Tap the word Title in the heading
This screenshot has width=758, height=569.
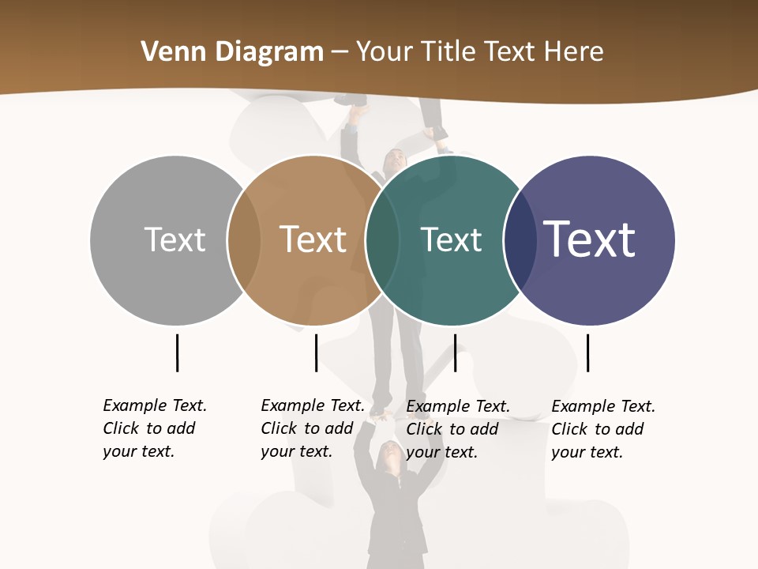click(448, 52)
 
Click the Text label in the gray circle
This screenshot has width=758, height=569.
click(174, 239)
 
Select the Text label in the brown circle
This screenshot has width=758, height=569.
click(313, 239)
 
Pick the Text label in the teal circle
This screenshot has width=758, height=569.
click(451, 239)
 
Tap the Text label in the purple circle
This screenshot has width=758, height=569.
click(590, 239)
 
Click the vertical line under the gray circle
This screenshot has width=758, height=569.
click(177, 352)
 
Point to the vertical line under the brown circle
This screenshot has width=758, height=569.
click(316, 352)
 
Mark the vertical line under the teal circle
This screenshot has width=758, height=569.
click(455, 352)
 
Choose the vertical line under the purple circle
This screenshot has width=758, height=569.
click(587, 352)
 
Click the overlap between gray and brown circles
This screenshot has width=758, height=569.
click(244, 240)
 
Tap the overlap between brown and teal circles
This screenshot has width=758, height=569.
click(382, 240)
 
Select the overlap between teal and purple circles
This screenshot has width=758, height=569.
click(520, 240)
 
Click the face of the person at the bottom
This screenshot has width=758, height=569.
click(390, 454)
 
